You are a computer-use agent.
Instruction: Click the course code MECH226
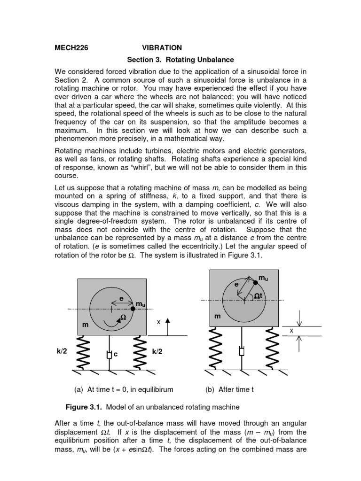click(x=72, y=48)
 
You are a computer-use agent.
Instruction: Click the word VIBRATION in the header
click(x=162, y=48)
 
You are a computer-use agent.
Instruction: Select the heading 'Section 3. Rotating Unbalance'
click(x=181, y=60)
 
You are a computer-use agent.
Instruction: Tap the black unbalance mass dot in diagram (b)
click(x=255, y=282)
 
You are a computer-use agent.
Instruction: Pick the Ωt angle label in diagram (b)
click(x=259, y=296)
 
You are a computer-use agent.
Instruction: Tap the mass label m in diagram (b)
click(x=218, y=317)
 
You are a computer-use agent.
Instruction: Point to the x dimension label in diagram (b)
click(x=291, y=331)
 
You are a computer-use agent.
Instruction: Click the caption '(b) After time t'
click(x=230, y=389)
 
